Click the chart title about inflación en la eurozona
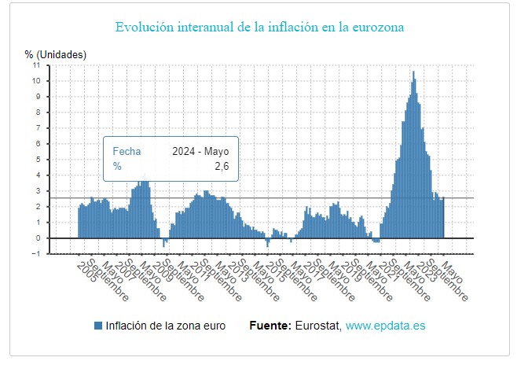click(x=259, y=28)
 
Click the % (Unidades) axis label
click(x=55, y=54)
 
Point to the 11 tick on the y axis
click(x=36, y=65)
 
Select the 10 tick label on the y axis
click(x=36, y=81)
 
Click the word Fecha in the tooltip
click(x=126, y=151)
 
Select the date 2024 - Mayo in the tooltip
click(x=200, y=151)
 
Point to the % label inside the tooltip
click(x=117, y=166)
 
